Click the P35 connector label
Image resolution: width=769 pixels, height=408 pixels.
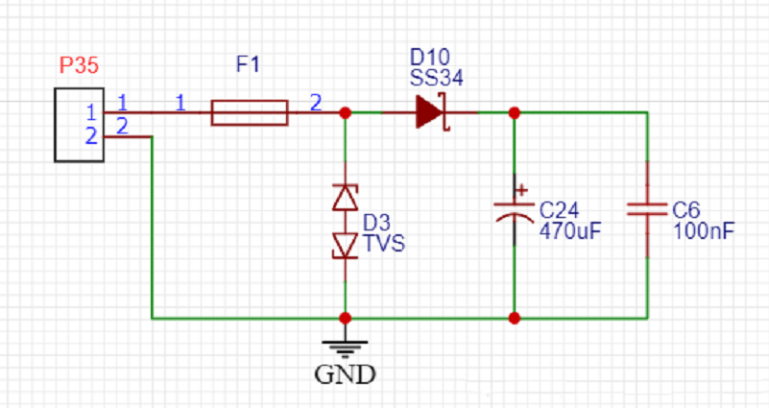79,66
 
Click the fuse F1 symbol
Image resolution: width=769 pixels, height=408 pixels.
249,112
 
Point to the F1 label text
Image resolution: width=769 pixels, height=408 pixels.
248,65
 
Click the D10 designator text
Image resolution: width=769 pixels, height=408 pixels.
429,56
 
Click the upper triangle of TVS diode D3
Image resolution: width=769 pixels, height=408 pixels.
345,198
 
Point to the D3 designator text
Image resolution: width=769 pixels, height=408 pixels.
376,224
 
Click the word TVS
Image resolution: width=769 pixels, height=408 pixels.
383,244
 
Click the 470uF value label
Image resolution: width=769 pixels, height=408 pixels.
570,230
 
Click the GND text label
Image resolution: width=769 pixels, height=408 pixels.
345,374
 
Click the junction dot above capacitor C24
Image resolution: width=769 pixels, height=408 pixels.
515,112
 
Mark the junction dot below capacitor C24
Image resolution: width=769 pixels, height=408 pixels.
515,317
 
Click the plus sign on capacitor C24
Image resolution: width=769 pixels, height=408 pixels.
521,189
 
